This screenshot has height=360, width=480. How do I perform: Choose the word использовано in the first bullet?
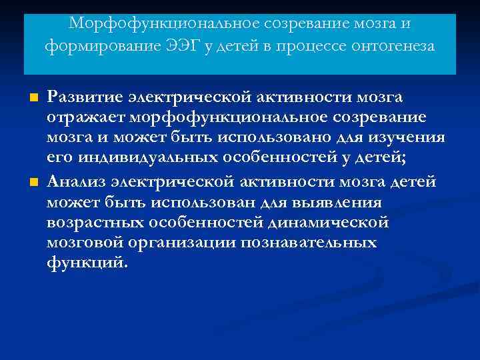[x=292, y=137]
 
